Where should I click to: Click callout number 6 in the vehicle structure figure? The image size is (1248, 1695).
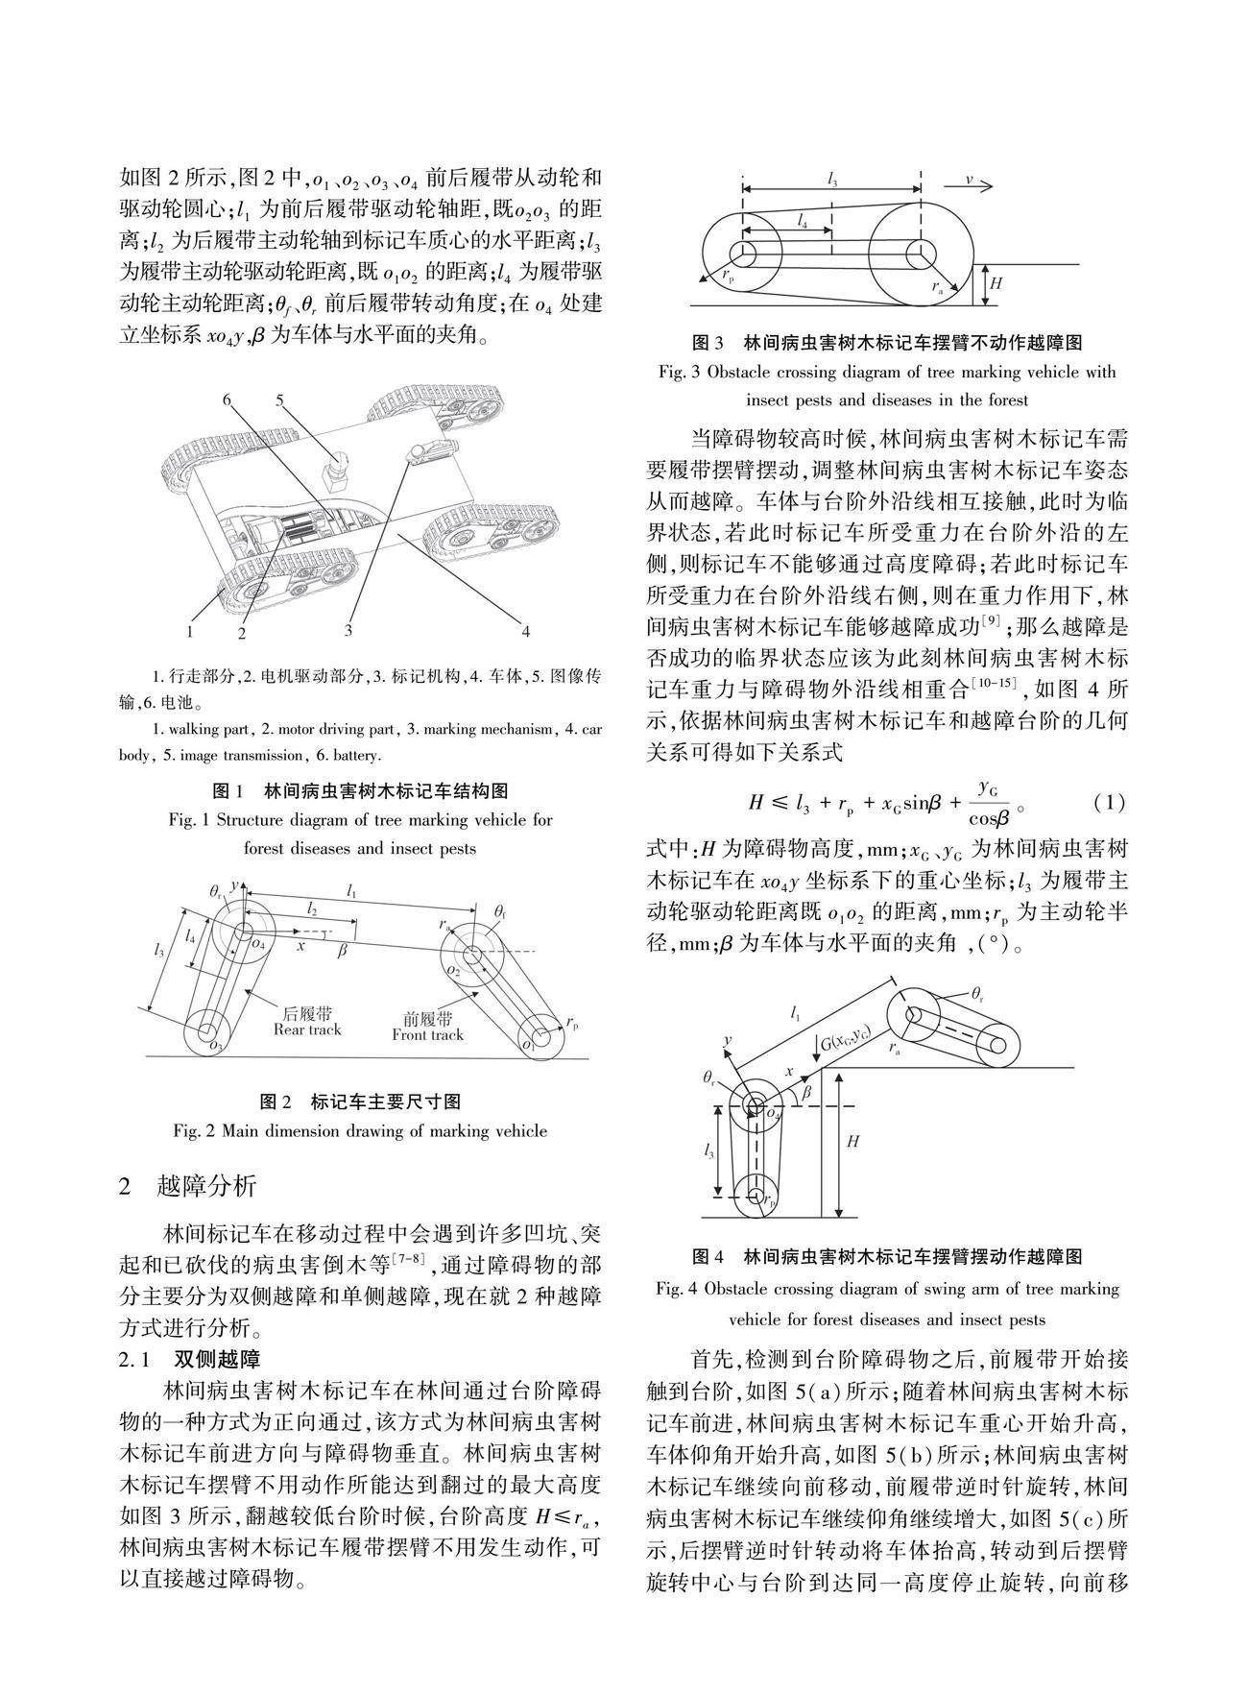228,400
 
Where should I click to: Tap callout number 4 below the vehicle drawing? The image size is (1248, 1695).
525,631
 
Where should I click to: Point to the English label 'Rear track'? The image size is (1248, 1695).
307,1029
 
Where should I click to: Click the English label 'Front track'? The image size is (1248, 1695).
427,1034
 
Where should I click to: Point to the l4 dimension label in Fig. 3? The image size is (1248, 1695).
802,220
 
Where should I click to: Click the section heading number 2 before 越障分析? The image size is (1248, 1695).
125,1186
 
